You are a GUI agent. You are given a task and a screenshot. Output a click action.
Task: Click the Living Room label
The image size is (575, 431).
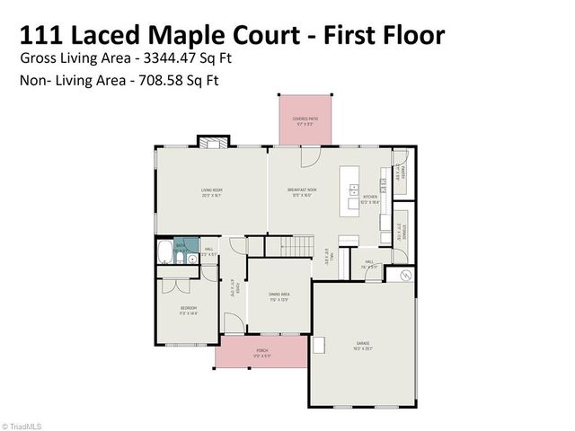click(211, 191)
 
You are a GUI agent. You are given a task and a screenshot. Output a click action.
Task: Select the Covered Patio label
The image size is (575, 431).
click(303, 120)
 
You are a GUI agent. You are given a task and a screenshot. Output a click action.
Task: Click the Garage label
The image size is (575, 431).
click(363, 346)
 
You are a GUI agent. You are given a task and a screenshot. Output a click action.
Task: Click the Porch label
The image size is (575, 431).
click(262, 353)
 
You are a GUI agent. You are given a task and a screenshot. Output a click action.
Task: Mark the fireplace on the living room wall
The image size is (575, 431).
click(211, 143)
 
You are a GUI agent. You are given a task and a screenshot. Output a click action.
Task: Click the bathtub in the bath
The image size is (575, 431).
click(165, 251)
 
